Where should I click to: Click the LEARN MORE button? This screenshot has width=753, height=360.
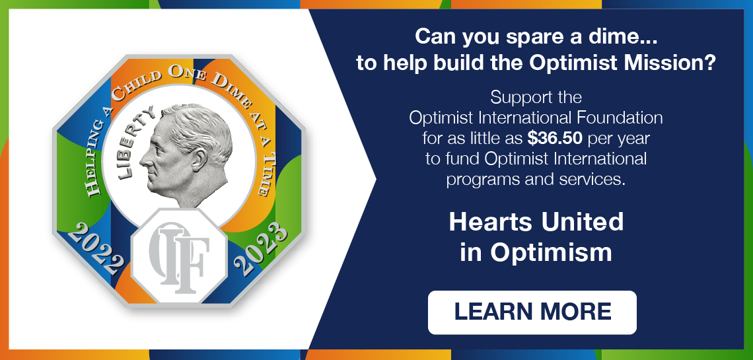532,312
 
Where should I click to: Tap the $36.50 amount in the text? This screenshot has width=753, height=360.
556,139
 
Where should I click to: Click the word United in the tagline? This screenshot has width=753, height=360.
581,222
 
